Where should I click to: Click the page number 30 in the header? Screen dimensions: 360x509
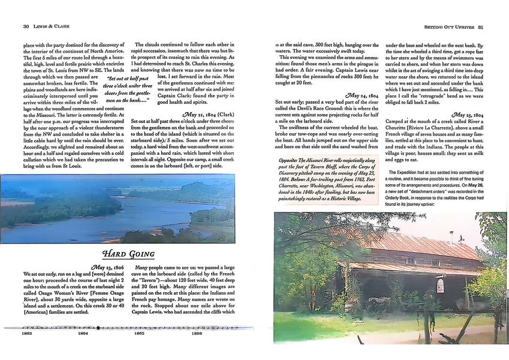[x=26, y=26]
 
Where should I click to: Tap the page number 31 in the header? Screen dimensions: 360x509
[x=489, y=26]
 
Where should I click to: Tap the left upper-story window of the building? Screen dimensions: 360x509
[x=410, y=260]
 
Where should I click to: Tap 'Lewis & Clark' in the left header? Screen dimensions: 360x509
[x=51, y=26]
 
